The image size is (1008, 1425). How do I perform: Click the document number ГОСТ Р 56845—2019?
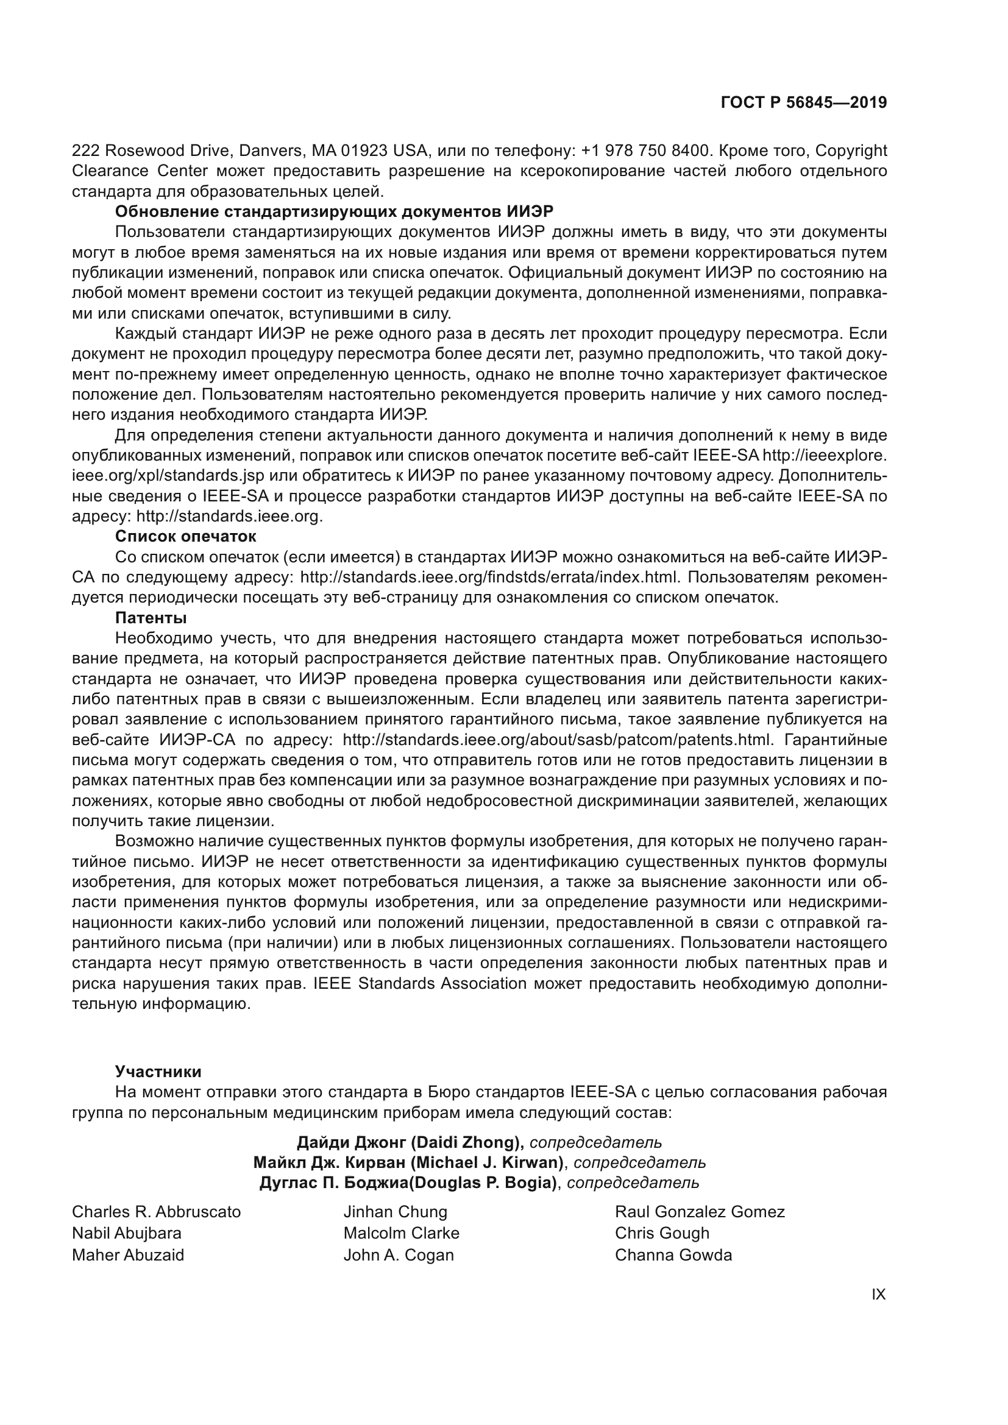(804, 103)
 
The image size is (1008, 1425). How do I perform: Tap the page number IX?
(878, 1295)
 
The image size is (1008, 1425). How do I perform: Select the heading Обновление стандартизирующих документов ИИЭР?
(334, 211)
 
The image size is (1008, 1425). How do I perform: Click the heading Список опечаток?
(186, 536)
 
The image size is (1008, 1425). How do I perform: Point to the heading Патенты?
(151, 618)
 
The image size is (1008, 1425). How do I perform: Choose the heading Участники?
(158, 1071)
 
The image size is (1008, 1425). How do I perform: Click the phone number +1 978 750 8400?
(645, 151)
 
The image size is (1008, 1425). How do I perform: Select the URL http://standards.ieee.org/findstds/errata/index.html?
(491, 577)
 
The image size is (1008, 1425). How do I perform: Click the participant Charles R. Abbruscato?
(157, 1212)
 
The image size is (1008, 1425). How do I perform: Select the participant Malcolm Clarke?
(401, 1233)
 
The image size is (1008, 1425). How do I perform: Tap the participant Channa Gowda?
(673, 1255)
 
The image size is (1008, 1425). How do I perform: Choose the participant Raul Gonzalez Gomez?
(700, 1212)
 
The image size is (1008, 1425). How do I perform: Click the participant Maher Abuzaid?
(128, 1255)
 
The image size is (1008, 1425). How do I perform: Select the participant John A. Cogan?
(399, 1255)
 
